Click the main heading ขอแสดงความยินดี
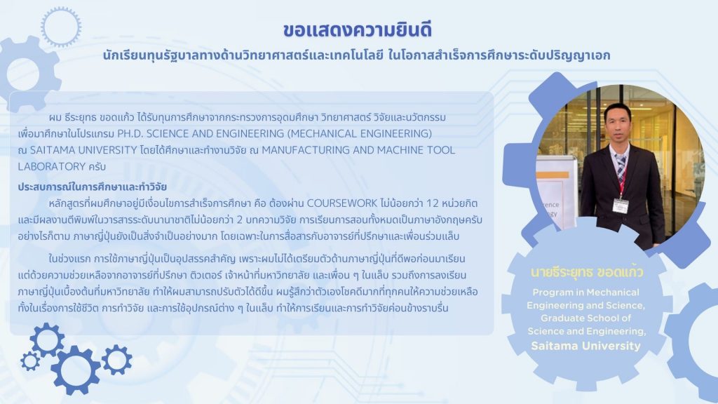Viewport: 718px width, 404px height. [358, 29]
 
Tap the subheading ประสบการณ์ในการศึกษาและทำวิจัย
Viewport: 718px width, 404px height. [93, 187]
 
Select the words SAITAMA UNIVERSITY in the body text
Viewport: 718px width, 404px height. [84, 150]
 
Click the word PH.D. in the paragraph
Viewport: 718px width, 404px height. [130, 134]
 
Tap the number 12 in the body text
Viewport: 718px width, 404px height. [432, 203]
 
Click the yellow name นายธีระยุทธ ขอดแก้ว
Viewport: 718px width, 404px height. [587, 272]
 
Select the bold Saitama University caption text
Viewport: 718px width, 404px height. [585, 346]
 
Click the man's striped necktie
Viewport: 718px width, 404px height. [621, 172]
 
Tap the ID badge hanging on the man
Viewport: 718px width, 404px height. [621, 206]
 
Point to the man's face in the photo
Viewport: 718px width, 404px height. [617, 123]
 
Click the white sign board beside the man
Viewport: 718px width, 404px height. [555, 192]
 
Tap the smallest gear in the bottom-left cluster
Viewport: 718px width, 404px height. [30, 361]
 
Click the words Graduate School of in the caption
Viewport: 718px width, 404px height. [585, 318]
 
